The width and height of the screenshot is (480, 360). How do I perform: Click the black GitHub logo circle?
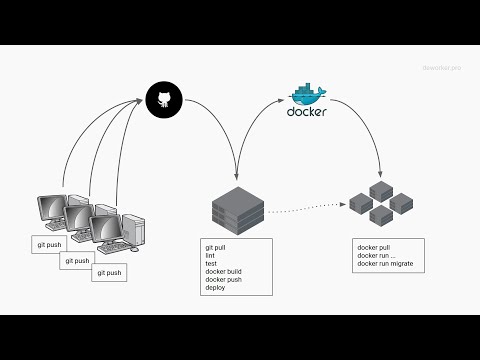[161, 98]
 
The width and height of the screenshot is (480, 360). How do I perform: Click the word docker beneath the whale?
[306, 112]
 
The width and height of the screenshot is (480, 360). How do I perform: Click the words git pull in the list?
[217, 246]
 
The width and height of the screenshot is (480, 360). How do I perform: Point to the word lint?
[210, 254]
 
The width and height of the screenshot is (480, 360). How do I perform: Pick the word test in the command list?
[211, 262]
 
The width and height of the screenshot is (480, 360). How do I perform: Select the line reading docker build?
[226, 270]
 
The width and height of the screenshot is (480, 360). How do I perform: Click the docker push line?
[225, 278]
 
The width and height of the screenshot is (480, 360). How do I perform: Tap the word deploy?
[215, 286]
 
